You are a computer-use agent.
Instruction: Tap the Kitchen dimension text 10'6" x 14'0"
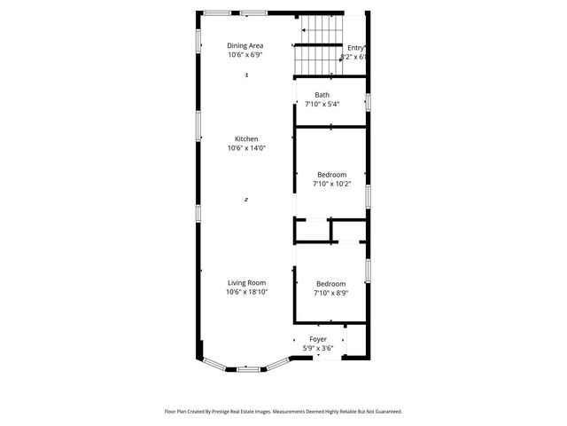(x=246, y=148)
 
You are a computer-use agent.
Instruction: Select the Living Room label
(x=246, y=282)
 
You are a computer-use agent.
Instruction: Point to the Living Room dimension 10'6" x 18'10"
(x=246, y=291)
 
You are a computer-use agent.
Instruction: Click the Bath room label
(x=322, y=95)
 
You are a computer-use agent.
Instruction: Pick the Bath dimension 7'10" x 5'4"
(x=322, y=104)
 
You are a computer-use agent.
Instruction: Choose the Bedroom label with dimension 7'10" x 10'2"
(x=332, y=175)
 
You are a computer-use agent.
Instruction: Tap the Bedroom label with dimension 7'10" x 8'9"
(x=330, y=283)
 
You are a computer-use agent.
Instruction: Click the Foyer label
(x=318, y=339)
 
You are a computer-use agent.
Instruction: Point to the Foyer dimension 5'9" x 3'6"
(x=318, y=348)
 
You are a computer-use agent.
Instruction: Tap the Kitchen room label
(x=246, y=139)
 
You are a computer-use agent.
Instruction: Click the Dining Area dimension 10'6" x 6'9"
(x=245, y=55)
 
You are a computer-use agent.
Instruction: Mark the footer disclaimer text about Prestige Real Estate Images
(x=283, y=411)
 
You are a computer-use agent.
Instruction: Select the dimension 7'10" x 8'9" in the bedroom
(x=330, y=293)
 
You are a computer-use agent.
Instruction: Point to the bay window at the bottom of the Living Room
(x=246, y=364)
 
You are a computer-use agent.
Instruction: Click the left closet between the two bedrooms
(x=312, y=230)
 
